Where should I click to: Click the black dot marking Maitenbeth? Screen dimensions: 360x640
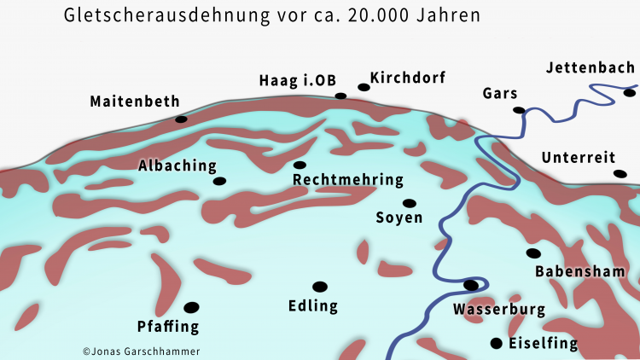pos(181,119)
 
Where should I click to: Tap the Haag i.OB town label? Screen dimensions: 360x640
pos(297,81)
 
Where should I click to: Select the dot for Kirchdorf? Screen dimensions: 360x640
pos(364,87)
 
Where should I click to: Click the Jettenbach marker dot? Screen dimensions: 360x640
pos(629,92)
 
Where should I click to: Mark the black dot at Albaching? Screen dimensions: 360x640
pos(219,181)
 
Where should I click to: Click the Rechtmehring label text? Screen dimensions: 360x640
pos(347,180)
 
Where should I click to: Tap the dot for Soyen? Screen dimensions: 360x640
pos(410,203)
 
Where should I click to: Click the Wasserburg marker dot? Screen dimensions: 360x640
pos(470,285)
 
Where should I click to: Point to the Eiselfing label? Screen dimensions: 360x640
pos(543,344)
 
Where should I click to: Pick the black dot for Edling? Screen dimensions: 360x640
pos(320,287)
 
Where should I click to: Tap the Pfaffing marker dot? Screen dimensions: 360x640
pos(191,307)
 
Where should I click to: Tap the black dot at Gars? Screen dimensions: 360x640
pos(518,110)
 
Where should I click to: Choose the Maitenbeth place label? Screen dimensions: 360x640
pos(135,102)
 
